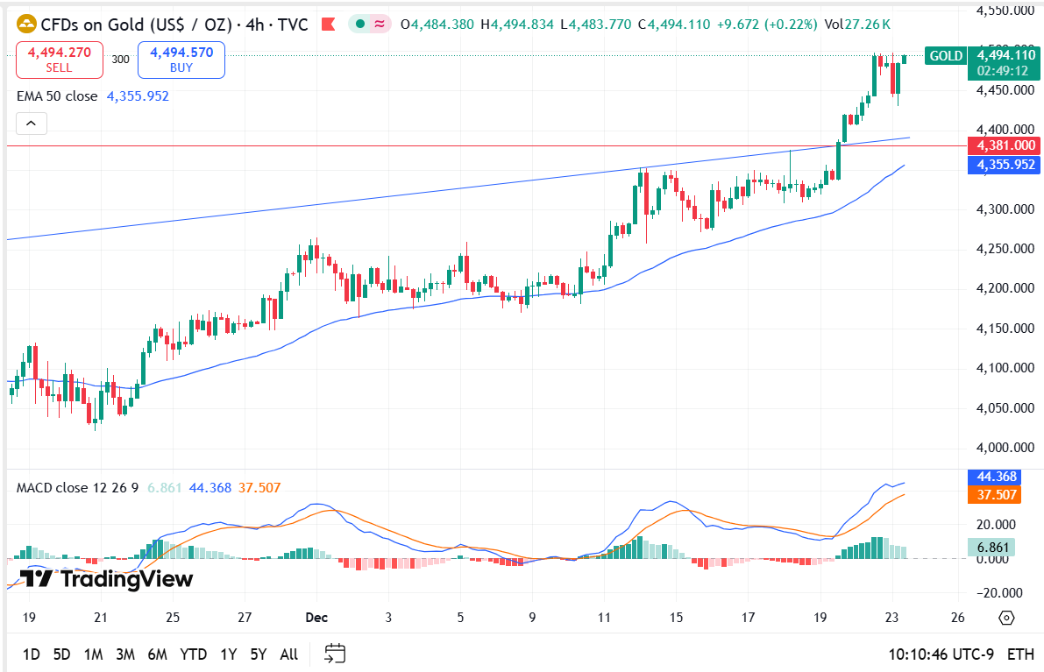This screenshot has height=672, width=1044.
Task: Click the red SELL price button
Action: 59,60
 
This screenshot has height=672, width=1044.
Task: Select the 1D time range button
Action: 32,654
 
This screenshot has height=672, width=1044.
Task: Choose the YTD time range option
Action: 193,654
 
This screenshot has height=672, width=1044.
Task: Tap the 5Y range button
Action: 258,654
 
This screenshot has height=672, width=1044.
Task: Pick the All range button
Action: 288,654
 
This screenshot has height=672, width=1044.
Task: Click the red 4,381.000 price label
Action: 1001,145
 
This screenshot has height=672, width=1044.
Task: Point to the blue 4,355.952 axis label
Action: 1001,164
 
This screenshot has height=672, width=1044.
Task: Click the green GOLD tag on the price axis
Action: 946,56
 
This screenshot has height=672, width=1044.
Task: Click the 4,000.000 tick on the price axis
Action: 1003,448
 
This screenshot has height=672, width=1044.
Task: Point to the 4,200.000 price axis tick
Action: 1003,288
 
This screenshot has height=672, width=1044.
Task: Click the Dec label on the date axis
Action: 316,618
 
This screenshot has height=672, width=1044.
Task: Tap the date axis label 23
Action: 891,618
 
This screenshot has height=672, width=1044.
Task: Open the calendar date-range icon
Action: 336,654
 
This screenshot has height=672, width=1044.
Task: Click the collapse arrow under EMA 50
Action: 31,124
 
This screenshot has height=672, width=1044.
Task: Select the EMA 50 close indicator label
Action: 57,96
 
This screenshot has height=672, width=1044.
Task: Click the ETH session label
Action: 1019,654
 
